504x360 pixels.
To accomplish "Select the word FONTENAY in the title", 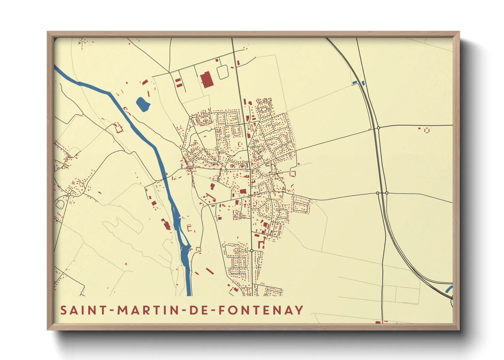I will [x=261, y=310].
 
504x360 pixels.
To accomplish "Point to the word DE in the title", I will [x=198, y=310].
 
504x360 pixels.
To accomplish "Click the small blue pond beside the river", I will [x=142, y=104].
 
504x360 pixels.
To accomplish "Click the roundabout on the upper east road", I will [x=378, y=128].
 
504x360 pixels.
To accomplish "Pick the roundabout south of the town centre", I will [x=252, y=250].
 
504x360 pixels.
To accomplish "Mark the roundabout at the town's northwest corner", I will [x=191, y=117].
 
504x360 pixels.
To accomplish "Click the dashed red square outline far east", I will [x=427, y=130].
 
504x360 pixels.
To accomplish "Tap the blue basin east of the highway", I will [x=363, y=83].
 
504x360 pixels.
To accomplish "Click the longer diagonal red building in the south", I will [x=210, y=271].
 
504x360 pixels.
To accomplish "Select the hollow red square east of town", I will [x=292, y=174].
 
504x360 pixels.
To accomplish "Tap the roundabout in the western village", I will [x=69, y=194].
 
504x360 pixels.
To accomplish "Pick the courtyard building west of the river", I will [x=119, y=128].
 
